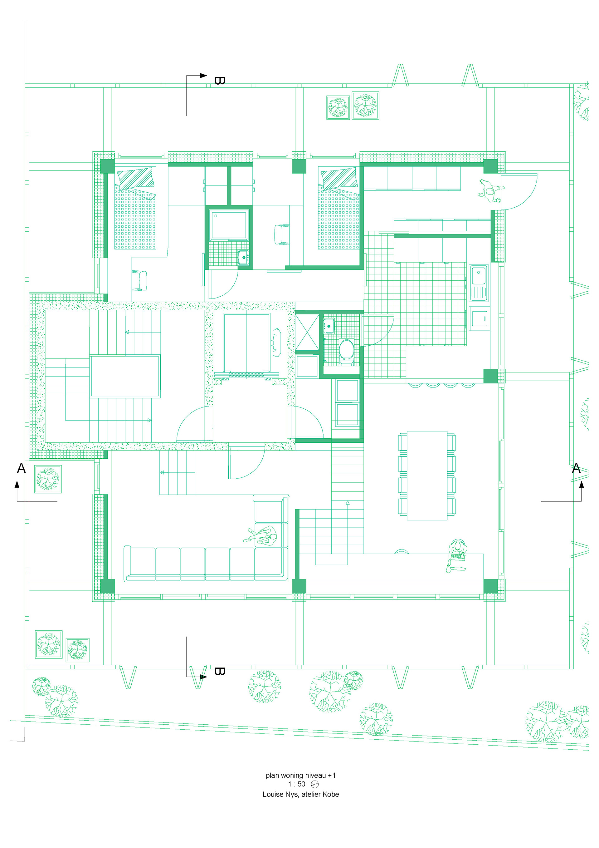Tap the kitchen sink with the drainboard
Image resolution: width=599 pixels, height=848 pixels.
pos(478,283)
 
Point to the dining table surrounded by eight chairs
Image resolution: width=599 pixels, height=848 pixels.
pos(427,476)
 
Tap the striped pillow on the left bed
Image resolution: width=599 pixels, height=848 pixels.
pos(135,178)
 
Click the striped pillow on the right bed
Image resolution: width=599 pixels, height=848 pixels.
pos(339,178)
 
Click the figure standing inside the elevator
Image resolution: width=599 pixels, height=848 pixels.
pos(276,342)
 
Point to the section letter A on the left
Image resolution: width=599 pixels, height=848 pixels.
pos(22,468)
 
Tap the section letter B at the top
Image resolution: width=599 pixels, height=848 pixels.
pos(219,81)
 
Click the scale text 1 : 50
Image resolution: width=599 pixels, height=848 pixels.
pos(297,784)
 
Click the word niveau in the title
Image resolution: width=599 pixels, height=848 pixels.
pos(315,775)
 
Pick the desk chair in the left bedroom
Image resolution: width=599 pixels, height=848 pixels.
pos(139,281)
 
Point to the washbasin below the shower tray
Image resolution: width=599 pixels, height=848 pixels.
pos(244,257)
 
